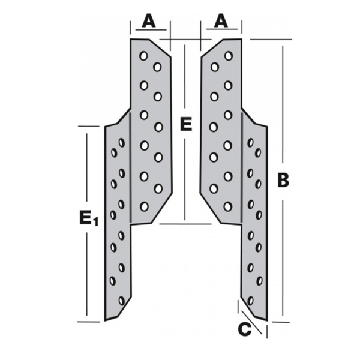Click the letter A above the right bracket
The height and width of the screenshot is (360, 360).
(x=221, y=22)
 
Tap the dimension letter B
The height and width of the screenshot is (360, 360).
(x=283, y=181)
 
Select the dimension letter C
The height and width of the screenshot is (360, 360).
(x=244, y=329)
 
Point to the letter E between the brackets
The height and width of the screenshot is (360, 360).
(x=185, y=125)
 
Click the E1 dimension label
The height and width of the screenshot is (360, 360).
(x=88, y=218)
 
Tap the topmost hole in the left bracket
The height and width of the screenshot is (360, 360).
(x=143, y=56)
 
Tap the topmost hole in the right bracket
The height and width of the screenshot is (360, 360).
(x=228, y=56)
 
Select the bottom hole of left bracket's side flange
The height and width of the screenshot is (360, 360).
(x=121, y=299)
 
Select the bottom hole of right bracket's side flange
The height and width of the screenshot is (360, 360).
(x=250, y=299)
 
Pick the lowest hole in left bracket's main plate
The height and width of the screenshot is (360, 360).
(x=143, y=206)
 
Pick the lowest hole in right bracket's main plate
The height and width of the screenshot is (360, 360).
(x=227, y=206)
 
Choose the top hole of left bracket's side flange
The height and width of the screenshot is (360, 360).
(x=122, y=143)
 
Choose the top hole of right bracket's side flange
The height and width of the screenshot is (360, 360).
(x=250, y=143)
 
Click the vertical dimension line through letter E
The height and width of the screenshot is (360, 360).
(x=185, y=180)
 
